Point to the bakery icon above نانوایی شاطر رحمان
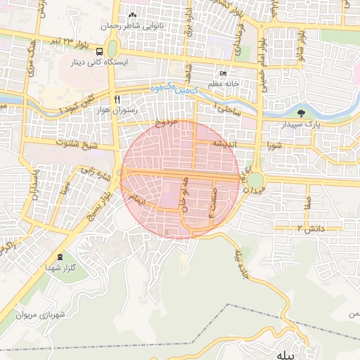pos(132,15)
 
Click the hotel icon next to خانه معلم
pos(223,73)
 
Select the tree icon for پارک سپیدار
pos(302,112)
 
